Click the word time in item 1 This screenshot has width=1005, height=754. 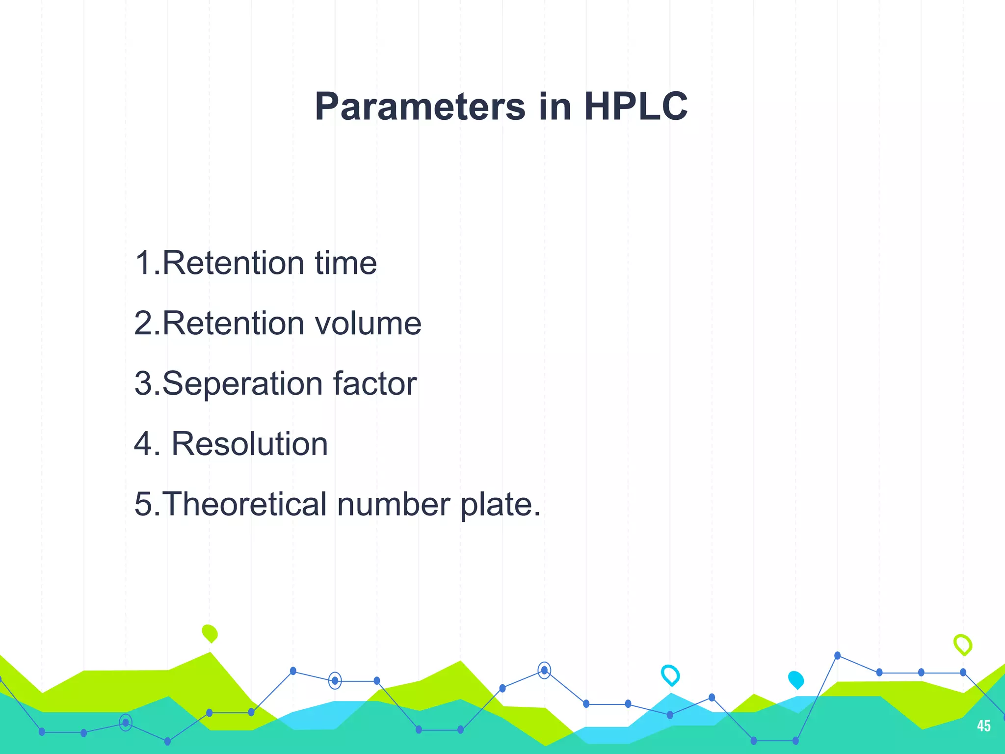[346, 263]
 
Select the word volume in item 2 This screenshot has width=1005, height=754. [368, 323]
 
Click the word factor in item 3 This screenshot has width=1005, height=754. [375, 383]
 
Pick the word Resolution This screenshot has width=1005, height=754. [249, 444]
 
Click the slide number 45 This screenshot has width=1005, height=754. [983, 726]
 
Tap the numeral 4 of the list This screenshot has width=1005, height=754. [144, 444]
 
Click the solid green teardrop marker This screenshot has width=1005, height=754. [210, 633]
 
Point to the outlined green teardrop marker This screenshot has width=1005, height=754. [963, 645]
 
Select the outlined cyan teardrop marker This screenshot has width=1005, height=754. [670, 675]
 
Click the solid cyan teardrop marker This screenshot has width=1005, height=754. [796, 679]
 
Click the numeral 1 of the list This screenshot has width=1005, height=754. [143, 263]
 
